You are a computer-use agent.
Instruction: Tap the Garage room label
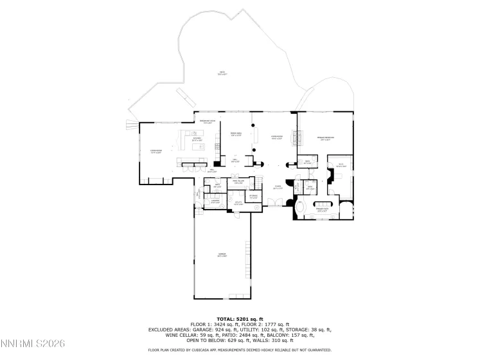[x=222, y=255]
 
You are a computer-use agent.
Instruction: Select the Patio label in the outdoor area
[x=222, y=74]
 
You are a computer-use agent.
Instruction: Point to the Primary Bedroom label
[x=324, y=138]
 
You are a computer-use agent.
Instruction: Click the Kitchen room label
[x=197, y=139]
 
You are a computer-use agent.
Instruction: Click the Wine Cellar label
[x=237, y=183]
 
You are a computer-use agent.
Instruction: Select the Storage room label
[x=253, y=196]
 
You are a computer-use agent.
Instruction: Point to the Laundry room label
[x=216, y=202]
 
